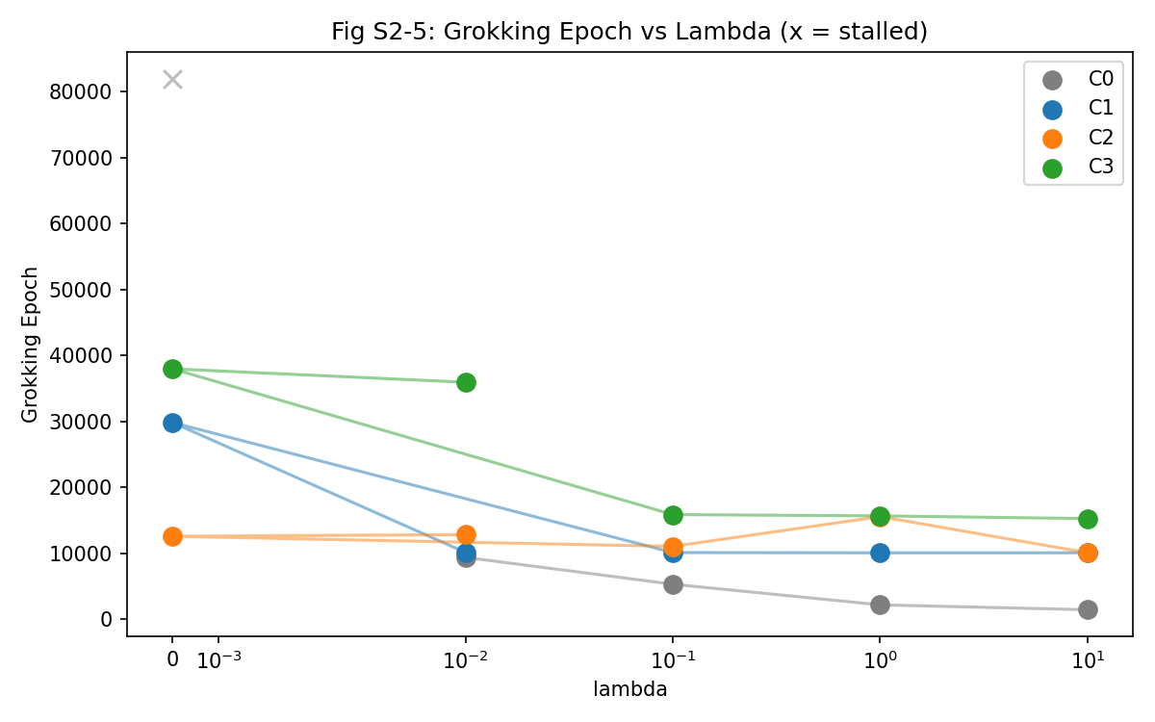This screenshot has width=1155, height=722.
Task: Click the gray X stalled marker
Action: pos(172,79)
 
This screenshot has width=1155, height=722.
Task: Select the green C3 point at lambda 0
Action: pos(172,369)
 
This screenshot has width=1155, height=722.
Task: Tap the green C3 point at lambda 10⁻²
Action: pos(466,382)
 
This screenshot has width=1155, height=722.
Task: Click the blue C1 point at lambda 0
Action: pos(172,423)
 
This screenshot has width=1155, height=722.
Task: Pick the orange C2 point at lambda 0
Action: pos(172,536)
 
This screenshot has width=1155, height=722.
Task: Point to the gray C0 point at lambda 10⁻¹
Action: pos(673,584)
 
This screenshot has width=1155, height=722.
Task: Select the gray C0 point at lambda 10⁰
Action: pos(880,605)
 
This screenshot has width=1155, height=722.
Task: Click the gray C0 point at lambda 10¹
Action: pos(1088,609)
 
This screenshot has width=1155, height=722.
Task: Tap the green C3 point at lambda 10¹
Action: pos(1088,519)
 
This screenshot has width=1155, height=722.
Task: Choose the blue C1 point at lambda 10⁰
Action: pos(880,553)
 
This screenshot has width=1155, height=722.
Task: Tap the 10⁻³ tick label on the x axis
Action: pos(218,660)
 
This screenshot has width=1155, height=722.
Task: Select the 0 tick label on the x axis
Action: pos(172,659)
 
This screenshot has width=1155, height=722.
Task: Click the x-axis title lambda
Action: pos(629,689)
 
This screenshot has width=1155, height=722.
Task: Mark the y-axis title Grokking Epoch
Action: pos(30,345)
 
